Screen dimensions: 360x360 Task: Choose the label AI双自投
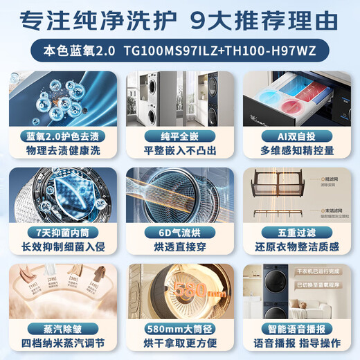pos(298,136)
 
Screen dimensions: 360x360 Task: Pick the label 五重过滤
pos(298,231)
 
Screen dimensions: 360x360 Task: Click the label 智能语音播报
pos(298,325)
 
